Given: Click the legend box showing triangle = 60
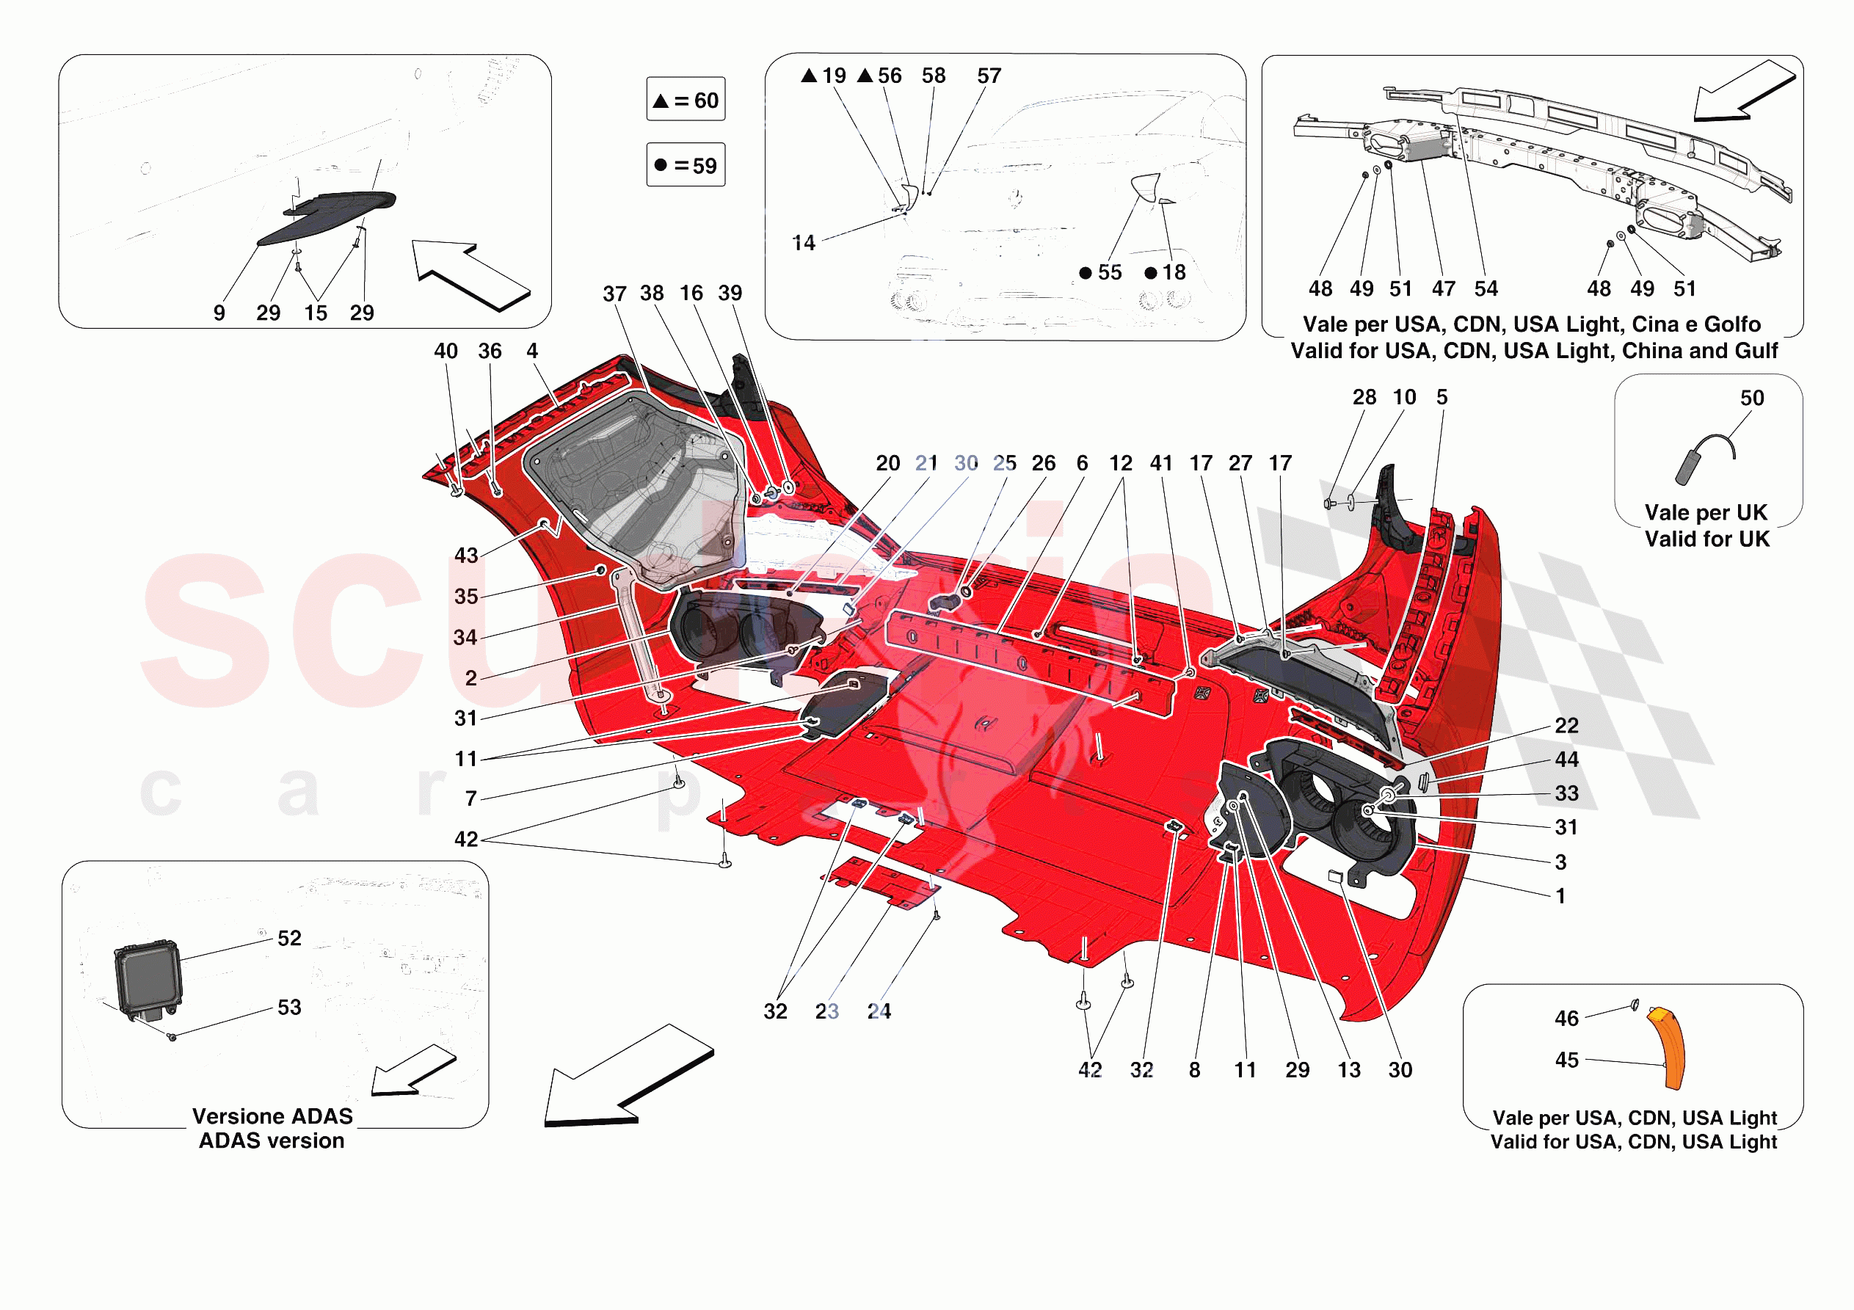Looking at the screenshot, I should pos(686,99).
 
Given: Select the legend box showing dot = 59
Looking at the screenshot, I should pos(686,165).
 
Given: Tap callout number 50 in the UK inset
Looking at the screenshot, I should pos(1751,399).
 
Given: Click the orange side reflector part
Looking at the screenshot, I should pos(1668,1047).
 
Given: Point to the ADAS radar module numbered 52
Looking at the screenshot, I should pos(148,980).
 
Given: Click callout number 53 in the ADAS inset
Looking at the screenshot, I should pos(289,1007).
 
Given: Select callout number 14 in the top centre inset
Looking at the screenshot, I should pos(804,243).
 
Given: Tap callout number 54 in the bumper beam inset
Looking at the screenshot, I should pos(1486,289).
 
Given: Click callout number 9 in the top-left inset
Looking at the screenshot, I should pos(219,313).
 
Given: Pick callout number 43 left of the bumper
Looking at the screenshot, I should pos(466,556).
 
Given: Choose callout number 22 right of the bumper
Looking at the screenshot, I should pos(1566,725).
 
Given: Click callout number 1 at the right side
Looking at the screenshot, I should pos(1561,895).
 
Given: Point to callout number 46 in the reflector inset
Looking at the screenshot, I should pos(1566,1019).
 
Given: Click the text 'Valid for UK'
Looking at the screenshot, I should pos(1707,539).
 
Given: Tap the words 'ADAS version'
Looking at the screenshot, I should pos(272,1140).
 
